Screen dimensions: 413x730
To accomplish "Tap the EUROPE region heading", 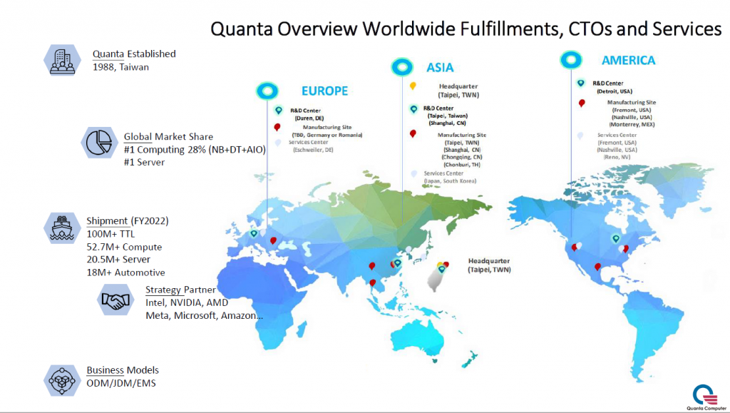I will pyautogui.click(x=324, y=91).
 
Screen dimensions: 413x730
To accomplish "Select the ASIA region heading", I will pyautogui.click(x=440, y=67).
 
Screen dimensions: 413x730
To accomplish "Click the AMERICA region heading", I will pyautogui.click(x=628, y=61).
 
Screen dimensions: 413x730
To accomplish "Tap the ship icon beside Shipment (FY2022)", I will pyautogui.click(x=61, y=228).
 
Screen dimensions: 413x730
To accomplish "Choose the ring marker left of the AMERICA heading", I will pyautogui.click(x=570, y=59).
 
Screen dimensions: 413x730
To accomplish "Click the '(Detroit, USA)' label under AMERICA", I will pyautogui.click(x=613, y=91).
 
